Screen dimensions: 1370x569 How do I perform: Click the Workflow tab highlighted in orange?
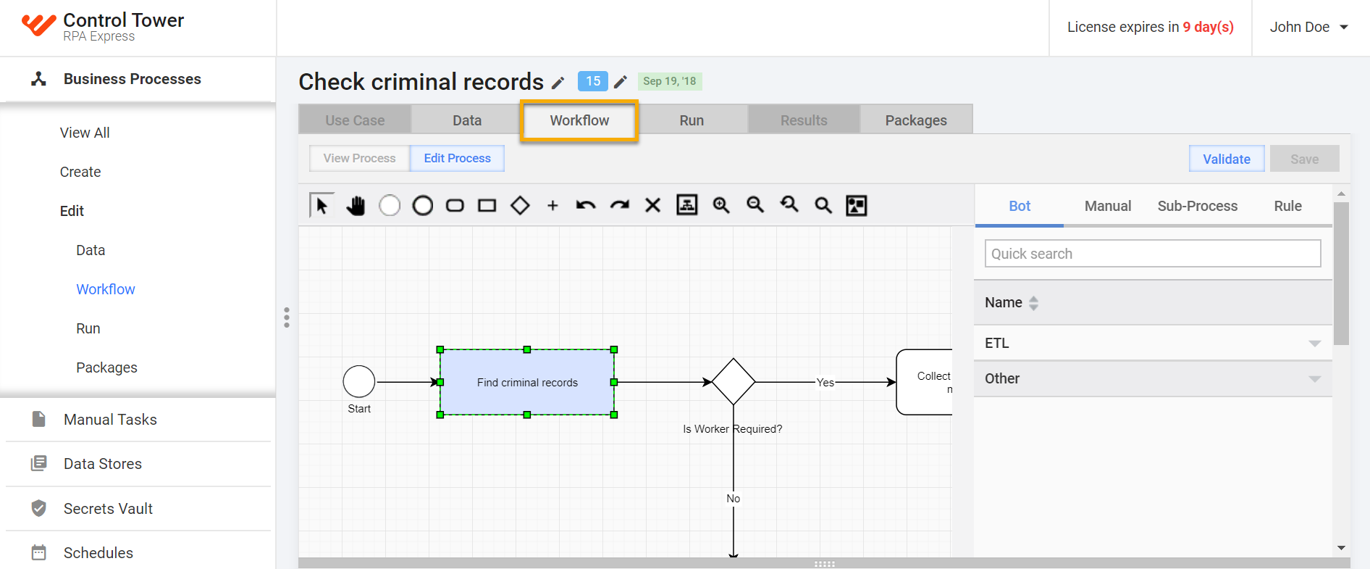tap(579, 120)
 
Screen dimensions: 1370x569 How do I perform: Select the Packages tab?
tap(916, 120)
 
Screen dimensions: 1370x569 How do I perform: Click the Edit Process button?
tap(457, 158)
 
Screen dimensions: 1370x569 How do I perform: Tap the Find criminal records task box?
tap(527, 382)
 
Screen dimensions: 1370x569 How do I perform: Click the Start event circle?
tap(359, 381)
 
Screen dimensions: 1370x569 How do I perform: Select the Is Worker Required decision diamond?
tap(734, 381)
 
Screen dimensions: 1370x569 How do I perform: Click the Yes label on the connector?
tap(825, 382)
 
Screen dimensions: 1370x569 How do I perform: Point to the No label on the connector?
tap(734, 498)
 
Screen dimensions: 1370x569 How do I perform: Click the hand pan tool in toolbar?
tap(356, 205)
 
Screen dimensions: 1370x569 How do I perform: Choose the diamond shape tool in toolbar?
tap(520, 205)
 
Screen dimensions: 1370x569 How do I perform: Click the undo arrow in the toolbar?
tap(586, 205)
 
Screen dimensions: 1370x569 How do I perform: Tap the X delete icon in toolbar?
tap(652, 205)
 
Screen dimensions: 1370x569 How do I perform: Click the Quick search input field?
tap(1153, 254)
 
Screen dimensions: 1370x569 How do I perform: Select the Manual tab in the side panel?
tap(1108, 206)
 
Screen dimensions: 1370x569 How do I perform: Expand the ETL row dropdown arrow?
tap(1315, 344)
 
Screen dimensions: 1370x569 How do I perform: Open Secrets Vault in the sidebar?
tap(108, 509)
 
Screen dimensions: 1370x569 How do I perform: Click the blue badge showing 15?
tap(593, 81)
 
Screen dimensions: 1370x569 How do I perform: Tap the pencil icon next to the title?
tap(558, 83)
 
